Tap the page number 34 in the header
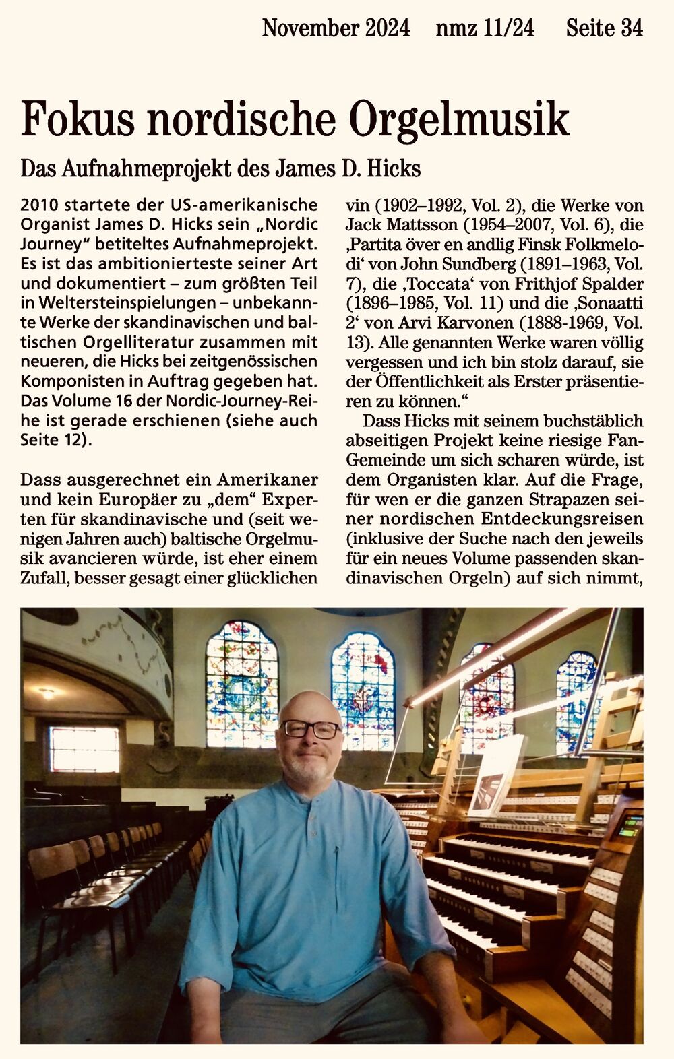(632, 28)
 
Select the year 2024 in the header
(388, 28)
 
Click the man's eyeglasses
(311, 729)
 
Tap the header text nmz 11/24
(485, 28)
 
